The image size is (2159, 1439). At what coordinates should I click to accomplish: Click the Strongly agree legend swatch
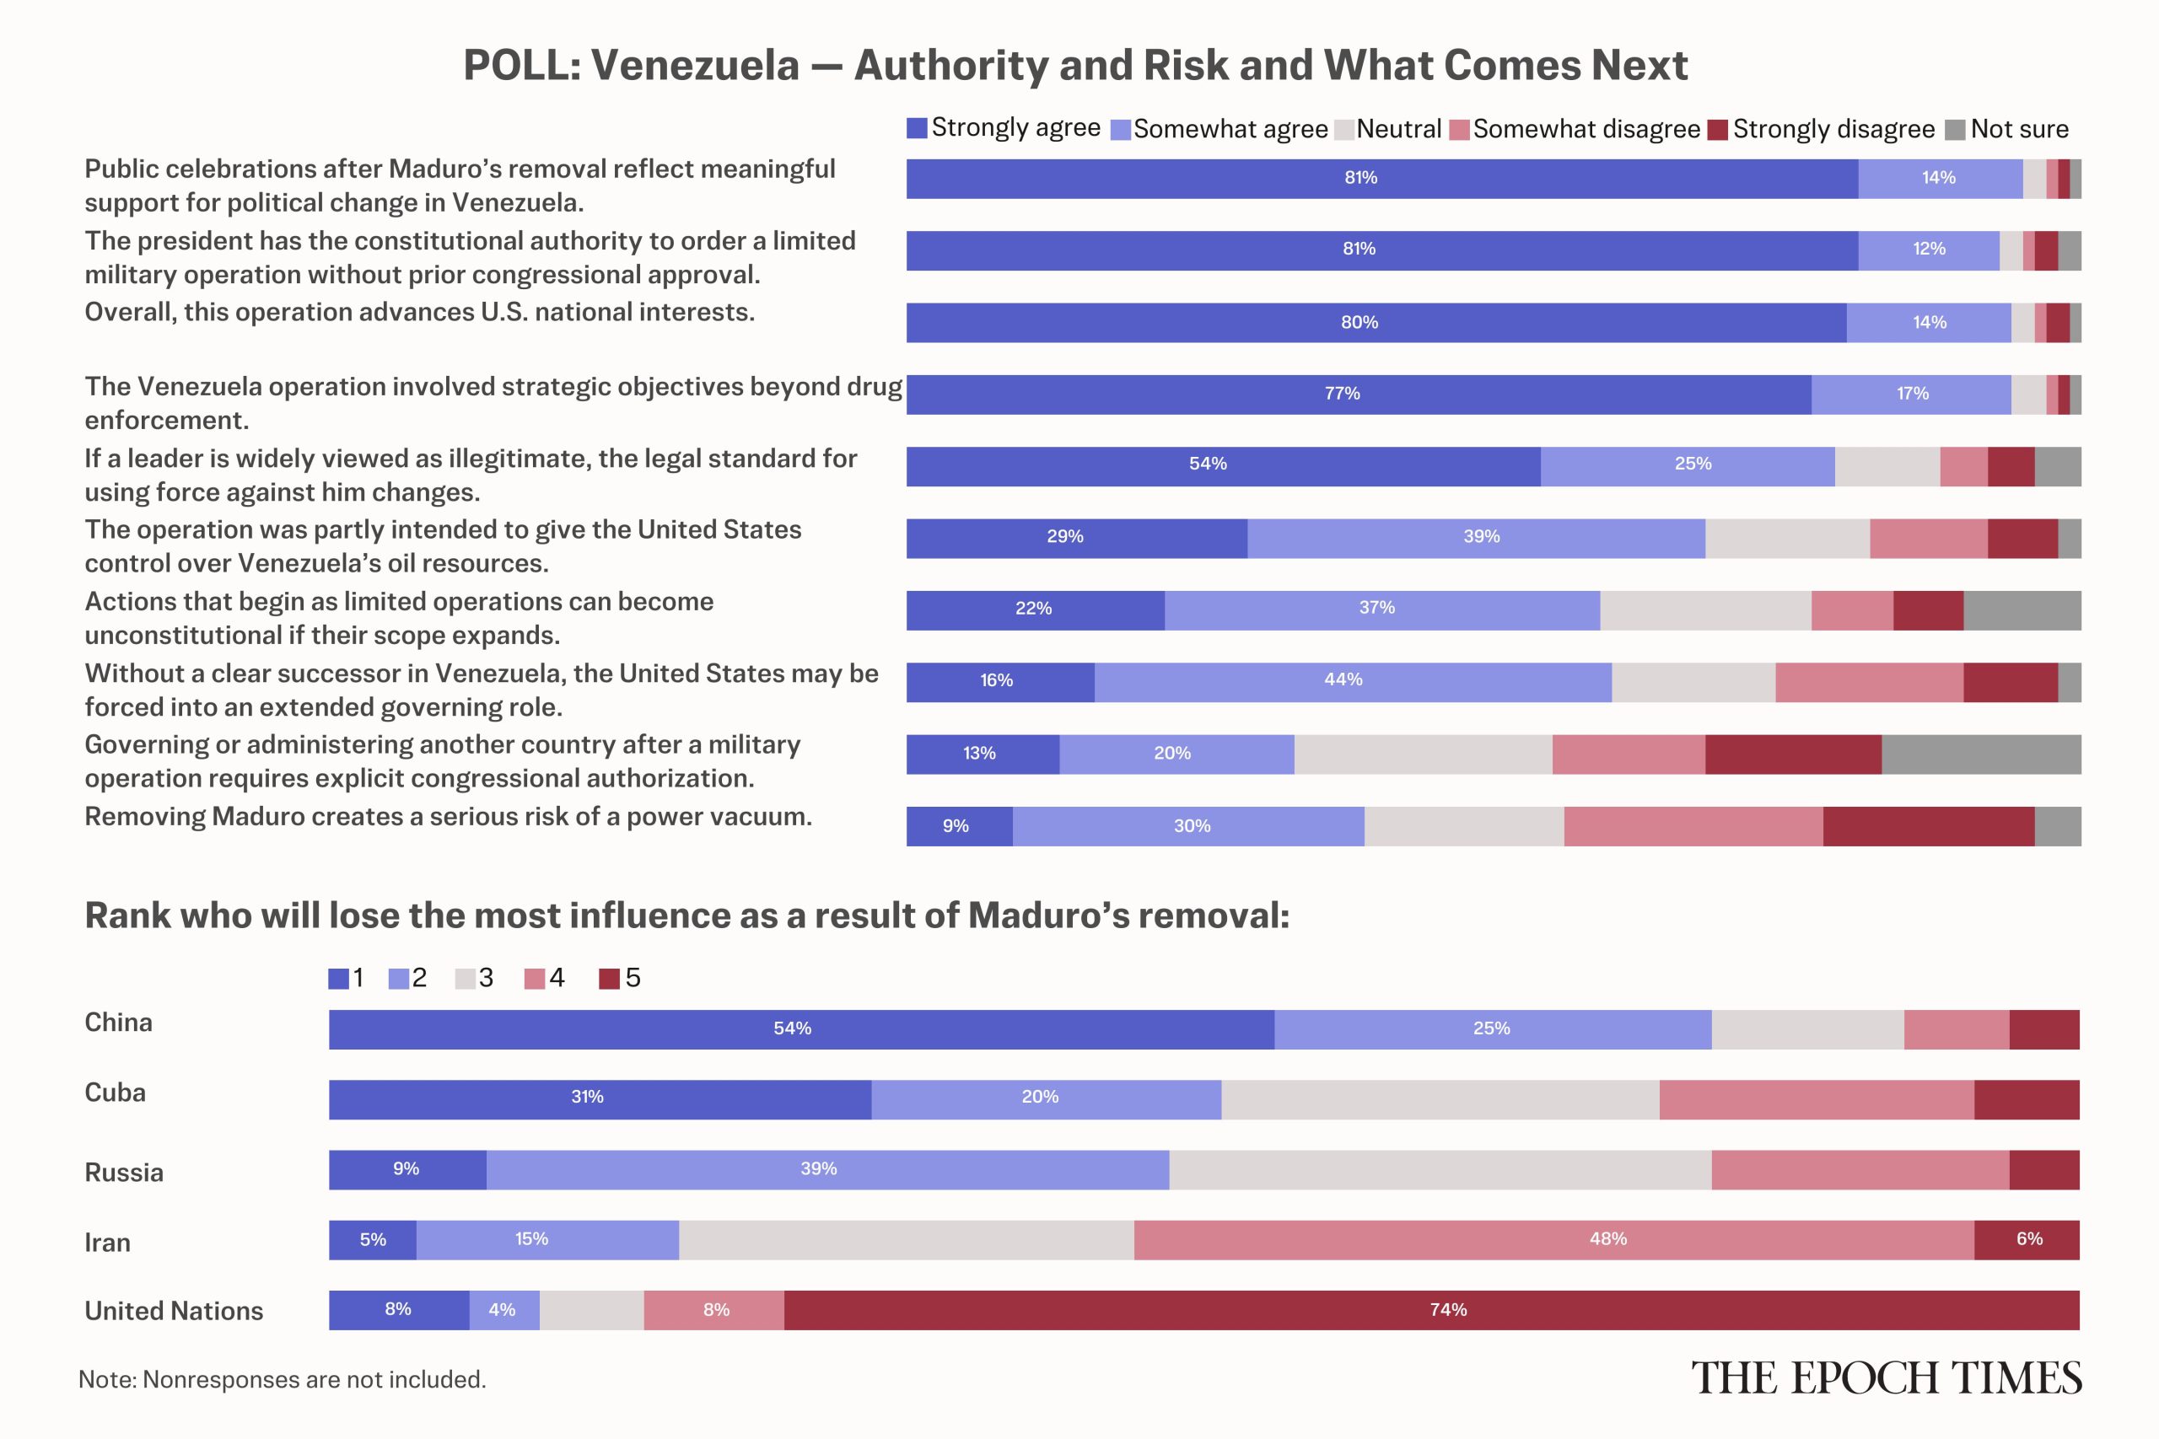(916, 127)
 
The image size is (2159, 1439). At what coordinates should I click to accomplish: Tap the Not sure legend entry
(2006, 128)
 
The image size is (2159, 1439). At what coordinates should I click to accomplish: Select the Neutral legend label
(1399, 128)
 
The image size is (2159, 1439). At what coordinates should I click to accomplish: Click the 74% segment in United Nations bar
(1431, 1310)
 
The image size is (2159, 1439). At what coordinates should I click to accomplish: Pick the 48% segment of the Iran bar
(1553, 1240)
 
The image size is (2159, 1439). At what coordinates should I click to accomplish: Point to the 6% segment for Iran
(2027, 1240)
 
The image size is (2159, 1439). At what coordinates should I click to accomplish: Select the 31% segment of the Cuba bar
(600, 1099)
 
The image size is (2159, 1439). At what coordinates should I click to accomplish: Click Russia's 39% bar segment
(828, 1170)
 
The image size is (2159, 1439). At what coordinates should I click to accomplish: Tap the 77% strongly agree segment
(1359, 395)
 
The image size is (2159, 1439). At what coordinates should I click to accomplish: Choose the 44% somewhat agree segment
(1353, 682)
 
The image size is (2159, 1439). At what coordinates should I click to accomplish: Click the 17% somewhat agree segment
(1911, 395)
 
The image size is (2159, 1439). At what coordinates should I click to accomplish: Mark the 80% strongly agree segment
(1377, 323)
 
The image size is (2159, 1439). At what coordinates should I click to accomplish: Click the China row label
(118, 1023)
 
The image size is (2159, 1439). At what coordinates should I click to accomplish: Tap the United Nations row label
(174, 1311)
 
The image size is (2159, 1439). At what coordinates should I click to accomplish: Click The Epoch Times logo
(1887, 1378)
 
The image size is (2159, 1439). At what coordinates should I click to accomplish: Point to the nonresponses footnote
(282, 1379)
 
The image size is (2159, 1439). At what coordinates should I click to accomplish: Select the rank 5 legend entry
(620, 978)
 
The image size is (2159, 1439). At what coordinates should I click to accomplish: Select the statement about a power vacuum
(448, 817)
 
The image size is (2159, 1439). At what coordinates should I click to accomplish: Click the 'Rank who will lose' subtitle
(686, 915)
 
